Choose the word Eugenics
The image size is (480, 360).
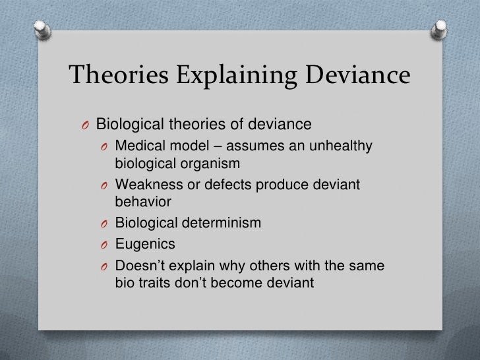pyautogui.click(x=145, y=245)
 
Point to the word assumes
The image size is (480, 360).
pyautogui.click(x=260, y=145)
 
